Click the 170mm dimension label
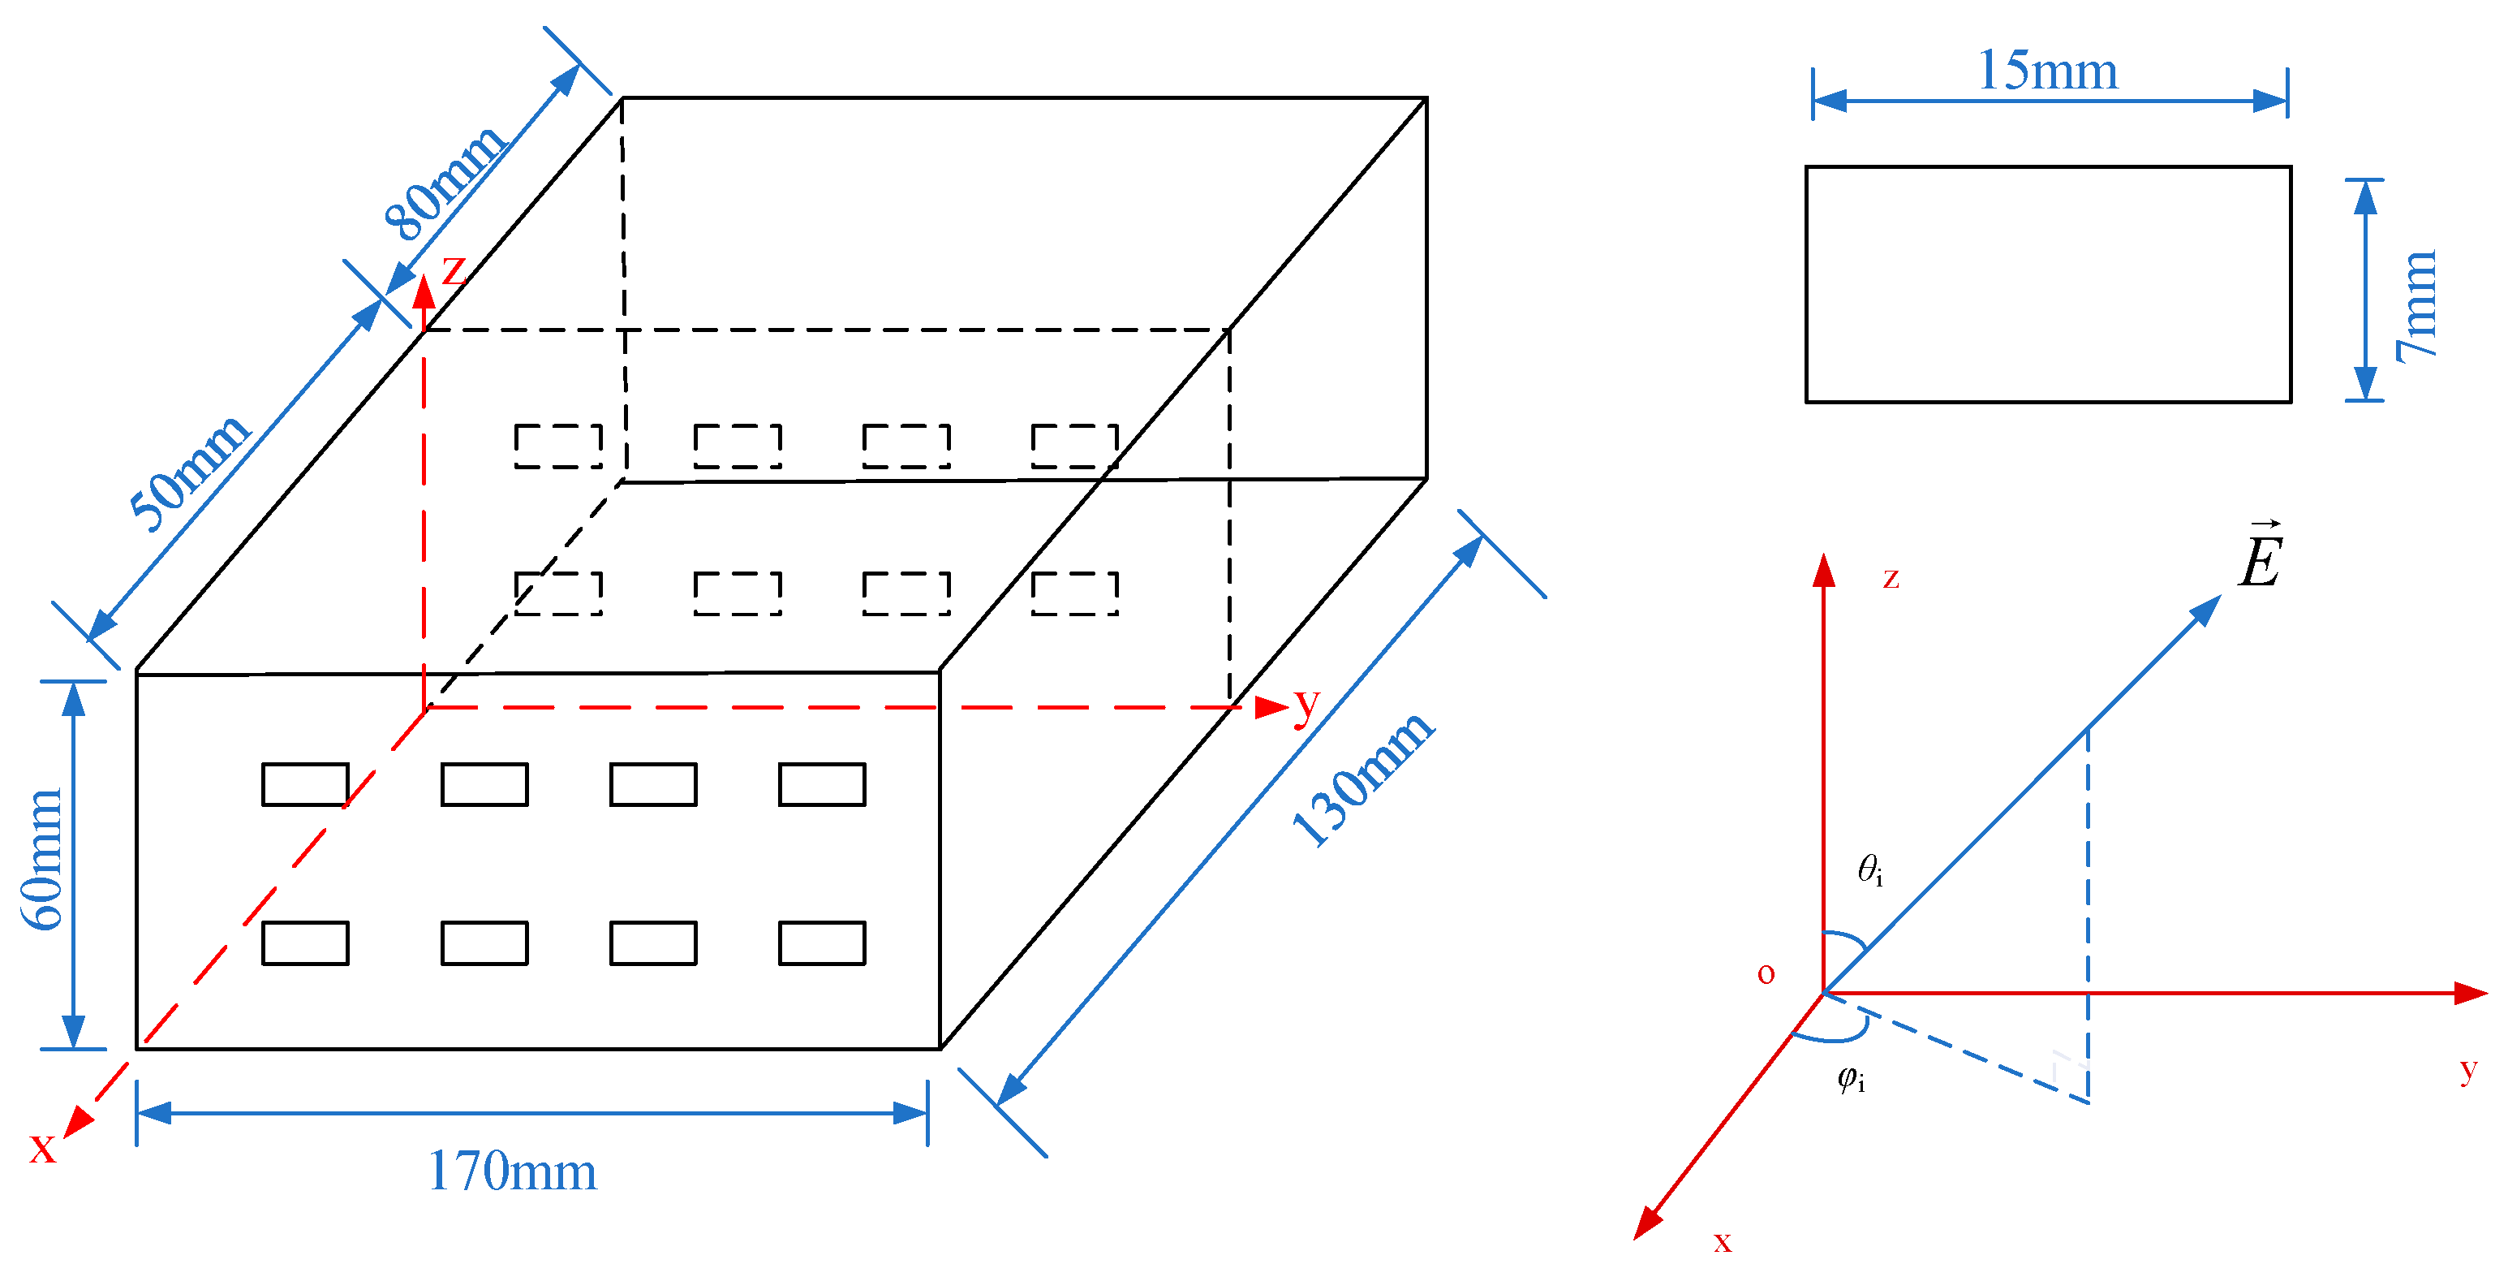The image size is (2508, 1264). tap(512, 1171)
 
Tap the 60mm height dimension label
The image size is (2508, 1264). tap(43, 859)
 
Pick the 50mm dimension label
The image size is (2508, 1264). tap(190, 472)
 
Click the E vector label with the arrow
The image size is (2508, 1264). tap(2260, 557)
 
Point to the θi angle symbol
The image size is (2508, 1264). tap(1869, 869)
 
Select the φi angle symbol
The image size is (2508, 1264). tap(1851, 1078)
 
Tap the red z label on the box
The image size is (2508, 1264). tap(454, 269)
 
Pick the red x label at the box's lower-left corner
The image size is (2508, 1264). tap(42, 1147)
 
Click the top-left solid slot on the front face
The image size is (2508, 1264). tap(305, 784)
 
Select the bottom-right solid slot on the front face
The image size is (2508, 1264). tap(822, 943)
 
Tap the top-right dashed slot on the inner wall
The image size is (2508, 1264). tap(1075, 446)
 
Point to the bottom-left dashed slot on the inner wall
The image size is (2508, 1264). tap(558, 593)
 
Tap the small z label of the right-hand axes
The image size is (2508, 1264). tap(1891, 579)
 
